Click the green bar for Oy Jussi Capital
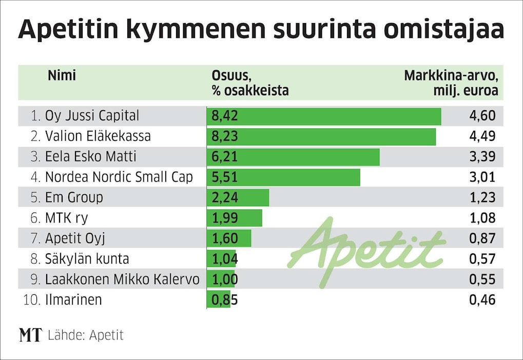point(323,116)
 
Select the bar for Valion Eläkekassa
point(321,137)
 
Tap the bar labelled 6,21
point(293,157)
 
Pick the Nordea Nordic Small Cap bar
point(283,177)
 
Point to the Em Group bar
point(238,197)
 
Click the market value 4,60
point(482,116)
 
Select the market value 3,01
point(482,177)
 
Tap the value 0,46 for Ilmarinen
point(482,299)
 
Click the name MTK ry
point(66,218)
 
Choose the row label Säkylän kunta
point(87,259)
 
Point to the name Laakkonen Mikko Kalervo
point(122,279)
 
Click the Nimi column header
point(62,76)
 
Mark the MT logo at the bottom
point(30,335)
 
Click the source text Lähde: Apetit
point(86,335)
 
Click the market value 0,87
point(482,238)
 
